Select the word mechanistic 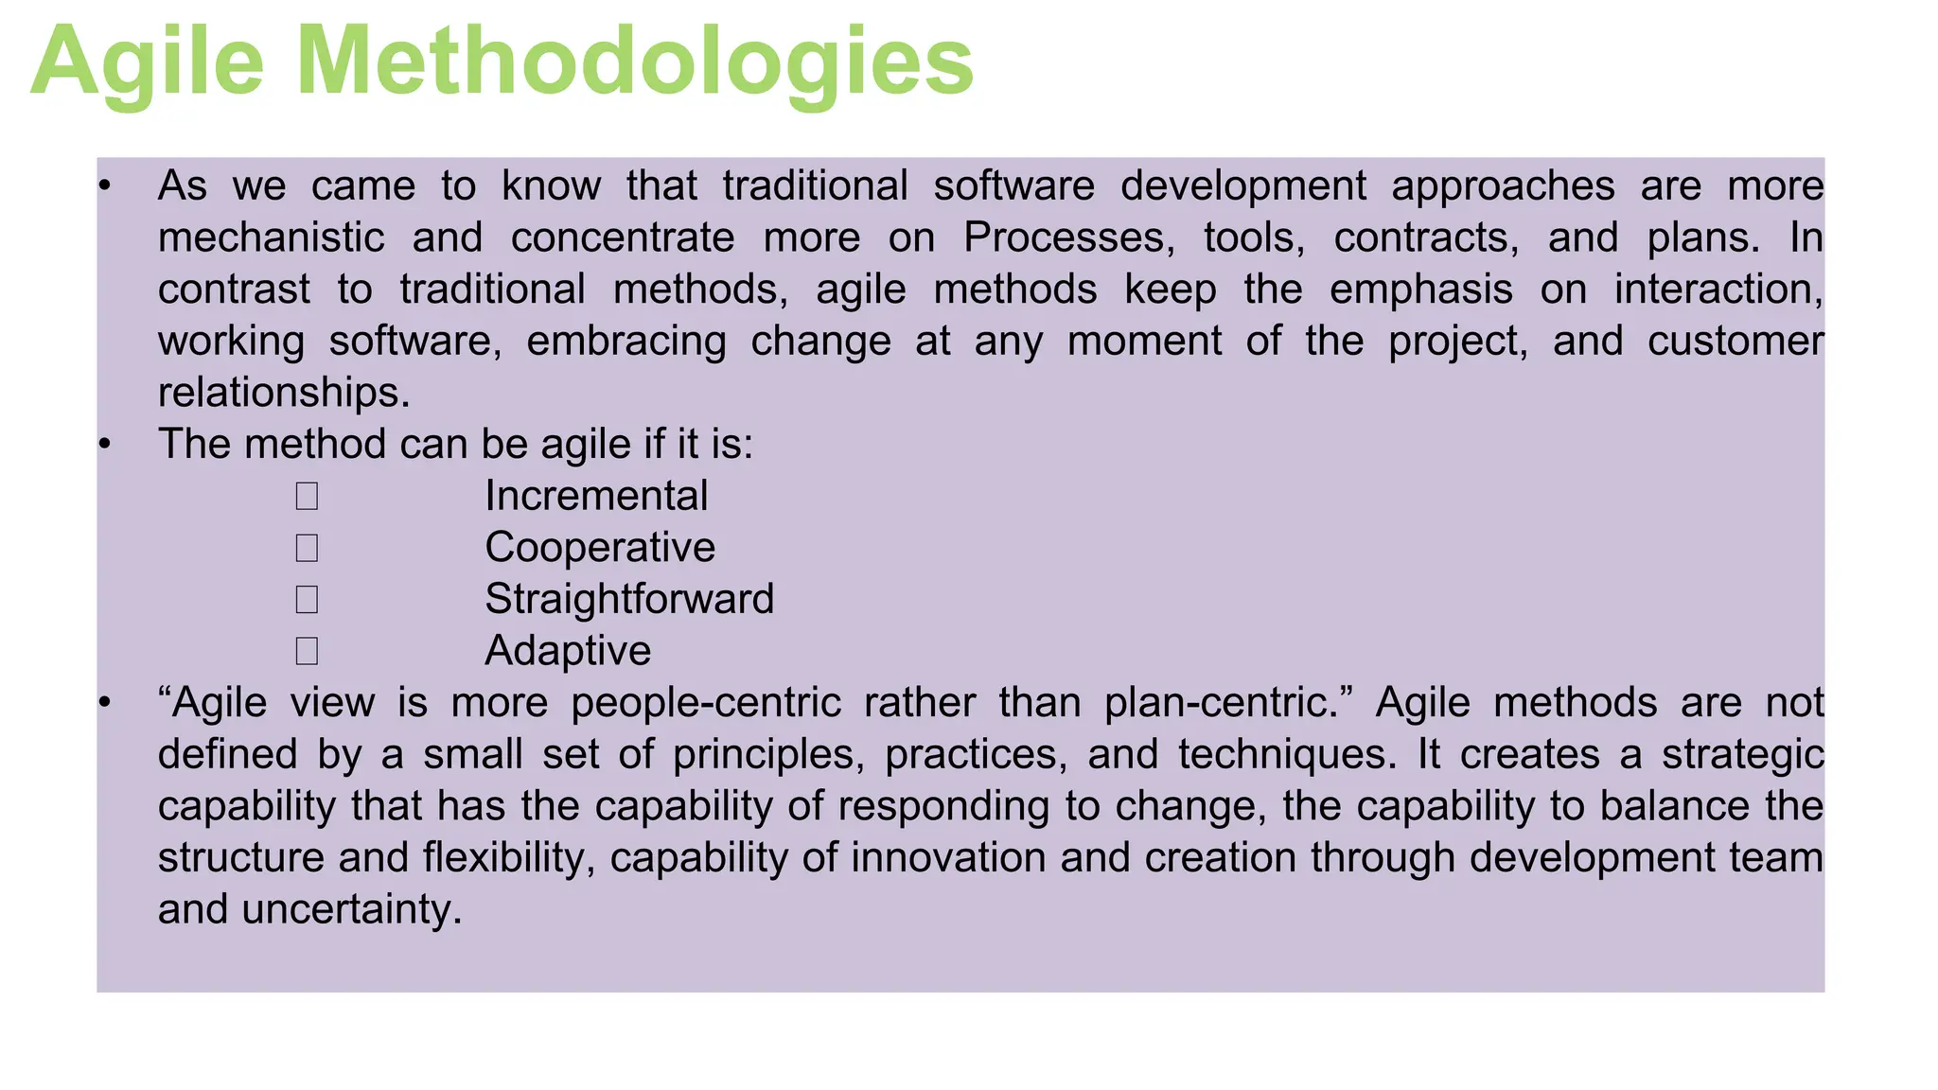271,237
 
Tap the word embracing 626,341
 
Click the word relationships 284,393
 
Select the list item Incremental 596,496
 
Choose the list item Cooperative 600,548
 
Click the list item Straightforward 629,599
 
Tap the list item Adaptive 568,651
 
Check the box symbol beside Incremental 306,497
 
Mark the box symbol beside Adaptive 306,651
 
